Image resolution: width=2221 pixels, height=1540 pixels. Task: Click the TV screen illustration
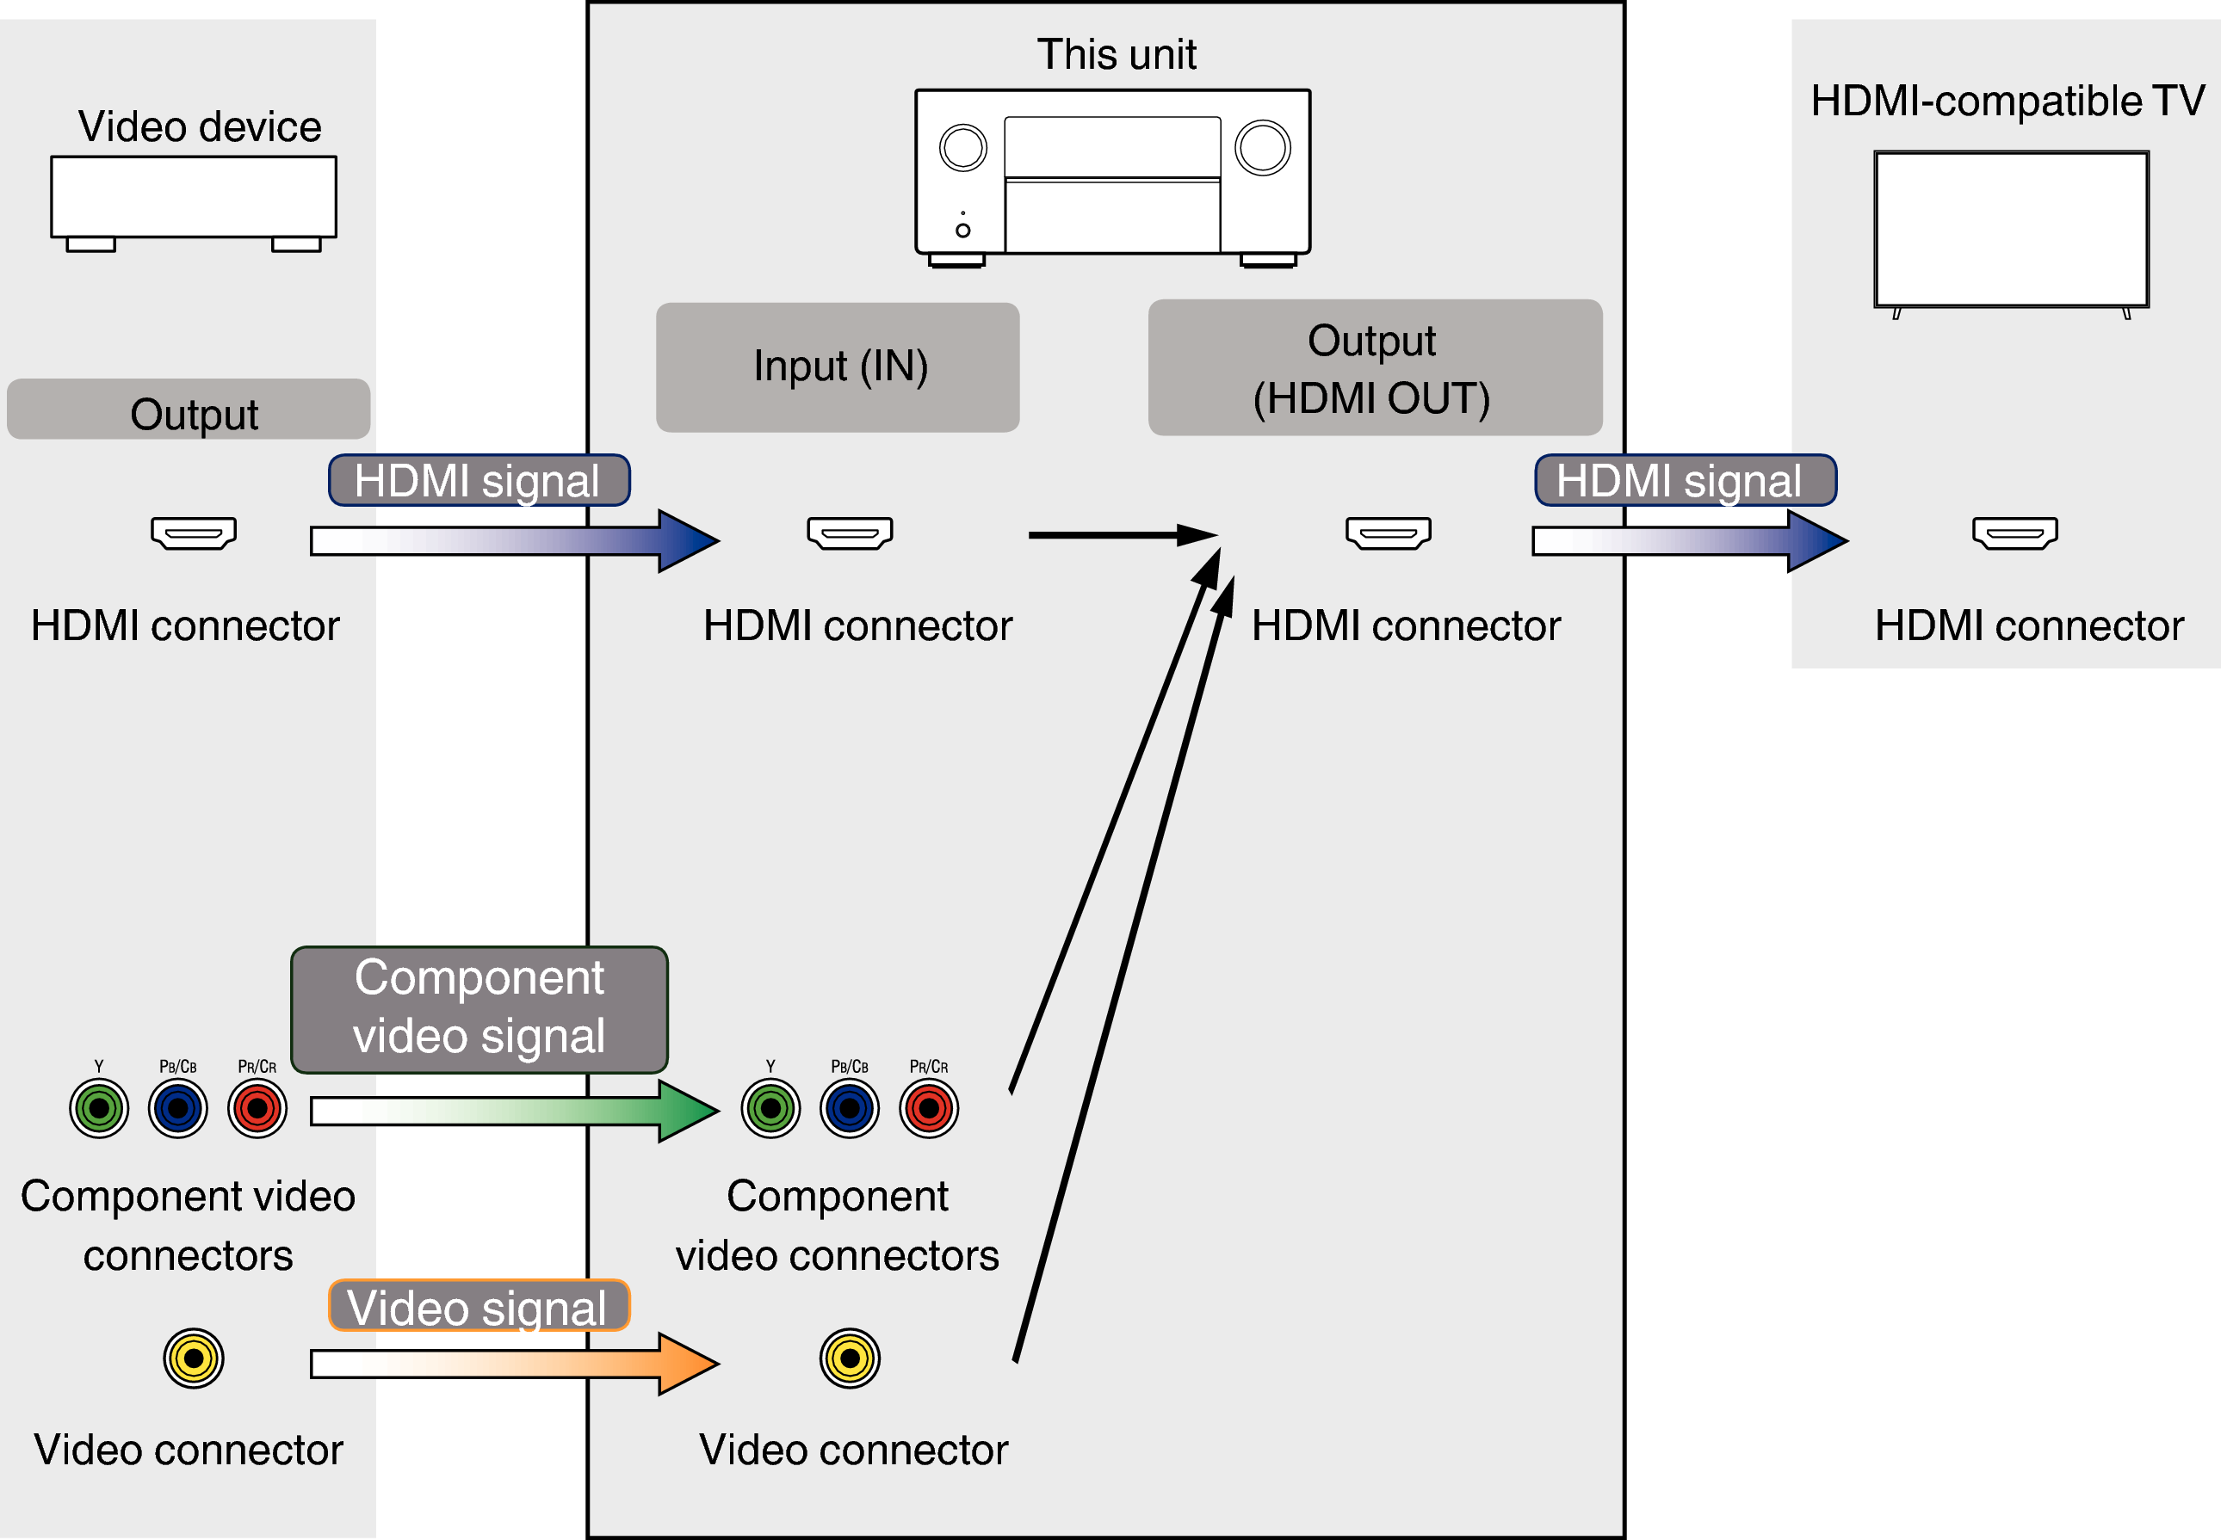coord(2011,229)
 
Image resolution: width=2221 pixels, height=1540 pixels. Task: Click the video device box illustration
coord(193,197)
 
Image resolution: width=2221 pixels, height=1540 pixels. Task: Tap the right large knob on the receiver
coord(1263,148)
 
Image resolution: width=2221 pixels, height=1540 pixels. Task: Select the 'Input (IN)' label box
coord(838,367)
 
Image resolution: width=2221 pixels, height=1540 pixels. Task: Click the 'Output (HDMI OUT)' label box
coord(1375,367)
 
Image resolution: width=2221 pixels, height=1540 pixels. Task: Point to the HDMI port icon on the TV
coord(2014,533)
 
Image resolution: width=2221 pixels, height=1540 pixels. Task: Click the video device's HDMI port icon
coord(193,533)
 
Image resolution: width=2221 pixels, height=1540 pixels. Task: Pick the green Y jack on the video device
coord(98,1109)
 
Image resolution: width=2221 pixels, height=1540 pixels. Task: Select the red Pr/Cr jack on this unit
coord(929,1109)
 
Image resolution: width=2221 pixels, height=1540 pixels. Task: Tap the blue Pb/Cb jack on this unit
coord(850,1109)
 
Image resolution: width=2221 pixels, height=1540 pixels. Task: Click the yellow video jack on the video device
coord(193,1358)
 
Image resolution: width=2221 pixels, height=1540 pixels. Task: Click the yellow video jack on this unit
coord(850,1358)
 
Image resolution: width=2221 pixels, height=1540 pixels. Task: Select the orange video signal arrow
coord(511,1364)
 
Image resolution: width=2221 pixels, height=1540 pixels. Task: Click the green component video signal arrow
coord(511,1111)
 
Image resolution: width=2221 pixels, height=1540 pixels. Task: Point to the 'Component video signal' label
coord(479,1008)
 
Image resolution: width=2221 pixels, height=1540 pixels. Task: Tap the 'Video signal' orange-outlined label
coord(479,1307)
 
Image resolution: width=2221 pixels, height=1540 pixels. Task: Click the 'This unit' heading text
coord(1116,54)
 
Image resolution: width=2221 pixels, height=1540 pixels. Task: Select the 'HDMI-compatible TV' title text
coord(2007,101)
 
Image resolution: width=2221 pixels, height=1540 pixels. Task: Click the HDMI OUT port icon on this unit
coord(1388,533)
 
